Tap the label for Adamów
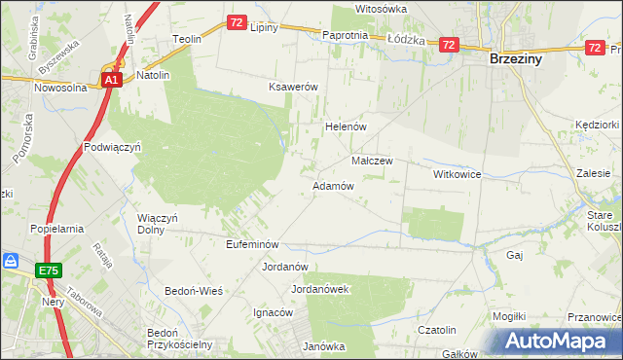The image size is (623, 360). pyautogui.click(x=332, y=186)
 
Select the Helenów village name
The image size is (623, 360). pyautogui.click(x=344, y=127)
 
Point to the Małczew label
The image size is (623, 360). pyautogui.click(x=371, y=161)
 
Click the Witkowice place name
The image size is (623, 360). pyautogui.click(x=458, y=174)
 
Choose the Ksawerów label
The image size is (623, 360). pyautogui.click(x=294, y=87)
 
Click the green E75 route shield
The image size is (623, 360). pyautogui.click(x=50, y=270)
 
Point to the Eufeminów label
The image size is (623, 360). pyautogui.click(x=253, y=244)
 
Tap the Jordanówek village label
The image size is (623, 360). pyautogui.click(x=320, y=290)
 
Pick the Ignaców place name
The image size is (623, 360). pyautogui.click(x=274, y=313)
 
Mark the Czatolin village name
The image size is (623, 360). pyautogui.click(x=437, y=331)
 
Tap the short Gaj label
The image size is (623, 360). pyautogui.click(x=516, y=254)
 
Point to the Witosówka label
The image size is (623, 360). pyautogui.click(x=381, y=9)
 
